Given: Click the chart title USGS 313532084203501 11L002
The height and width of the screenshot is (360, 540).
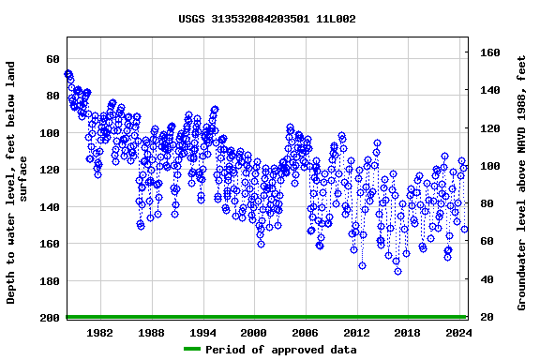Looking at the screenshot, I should coord(267,19).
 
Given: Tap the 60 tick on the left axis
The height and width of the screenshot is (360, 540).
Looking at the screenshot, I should coord(52,58).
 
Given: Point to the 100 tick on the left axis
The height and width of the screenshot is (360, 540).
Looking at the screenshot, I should coord(49,132).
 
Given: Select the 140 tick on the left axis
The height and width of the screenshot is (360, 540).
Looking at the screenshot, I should coord(49,206).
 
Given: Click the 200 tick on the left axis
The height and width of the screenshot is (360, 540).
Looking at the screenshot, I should coord(49,318).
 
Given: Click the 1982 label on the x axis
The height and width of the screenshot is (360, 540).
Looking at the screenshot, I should coord(100,332).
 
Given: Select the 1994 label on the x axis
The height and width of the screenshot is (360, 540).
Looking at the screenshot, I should coord(202,332).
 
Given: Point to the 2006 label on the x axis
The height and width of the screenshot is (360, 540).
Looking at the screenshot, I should coord(305,332).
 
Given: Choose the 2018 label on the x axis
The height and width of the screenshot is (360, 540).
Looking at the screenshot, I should coord(407,332).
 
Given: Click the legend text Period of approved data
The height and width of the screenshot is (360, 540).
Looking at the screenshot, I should coord(281,350).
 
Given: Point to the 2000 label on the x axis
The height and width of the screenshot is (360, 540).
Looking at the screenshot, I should coord(254,332).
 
